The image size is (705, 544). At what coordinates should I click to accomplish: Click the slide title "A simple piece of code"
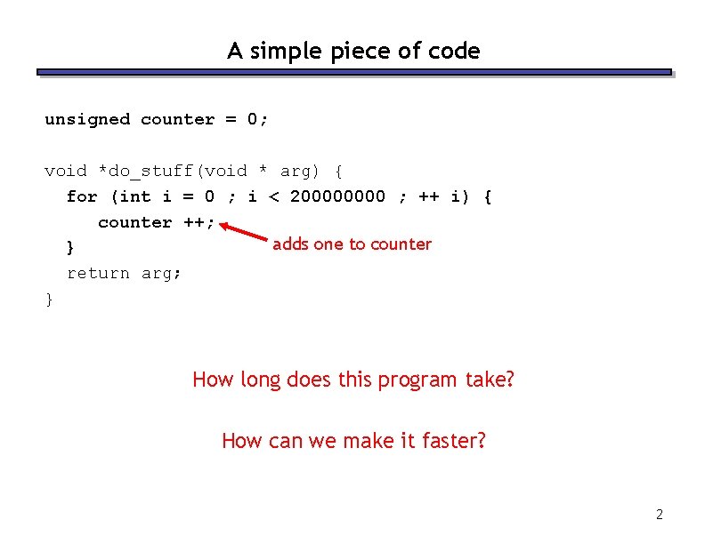click(353, 51)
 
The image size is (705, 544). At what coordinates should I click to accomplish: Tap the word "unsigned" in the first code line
click(87, 119)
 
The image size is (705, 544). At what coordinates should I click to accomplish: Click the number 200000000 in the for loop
click(338, 196)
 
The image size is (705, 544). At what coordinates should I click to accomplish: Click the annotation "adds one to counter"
click(352, 244)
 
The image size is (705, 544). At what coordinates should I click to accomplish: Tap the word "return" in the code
click(98, 274)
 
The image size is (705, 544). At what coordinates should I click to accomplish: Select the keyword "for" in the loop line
click(82, 196)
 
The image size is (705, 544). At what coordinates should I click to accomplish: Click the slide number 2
click(660, 514)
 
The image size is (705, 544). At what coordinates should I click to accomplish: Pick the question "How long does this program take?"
click(353, 380)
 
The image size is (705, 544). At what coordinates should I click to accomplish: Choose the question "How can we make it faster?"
click(353, 440)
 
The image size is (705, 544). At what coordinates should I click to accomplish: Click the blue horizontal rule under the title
click(353, 72)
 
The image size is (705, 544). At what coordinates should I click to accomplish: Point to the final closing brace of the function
click(49, 300)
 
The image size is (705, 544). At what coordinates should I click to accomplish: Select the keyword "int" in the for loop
click(134, 196)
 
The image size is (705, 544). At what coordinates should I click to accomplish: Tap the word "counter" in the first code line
click(178, 119)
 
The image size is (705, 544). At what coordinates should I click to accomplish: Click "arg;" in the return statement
click(161, 274)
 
